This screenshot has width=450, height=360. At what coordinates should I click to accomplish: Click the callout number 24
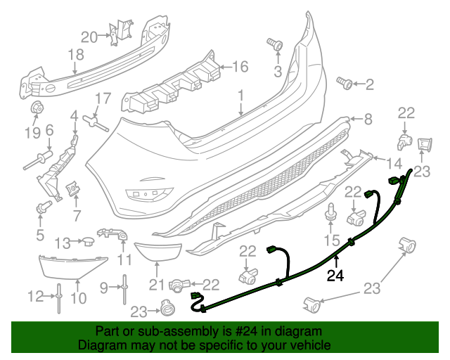click(x=336, y=276)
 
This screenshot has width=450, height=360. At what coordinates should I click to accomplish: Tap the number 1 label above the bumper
click(x=240, y=94)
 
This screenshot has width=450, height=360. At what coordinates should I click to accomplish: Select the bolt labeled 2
click(x=346, y=84)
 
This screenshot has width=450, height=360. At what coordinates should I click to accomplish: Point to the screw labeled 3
click(x=276, y=46)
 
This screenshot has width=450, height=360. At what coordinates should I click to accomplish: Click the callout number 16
click(x=240, y=67)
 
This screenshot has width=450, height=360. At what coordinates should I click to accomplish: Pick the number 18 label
click(x=75, y=54)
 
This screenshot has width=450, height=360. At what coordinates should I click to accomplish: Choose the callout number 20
click(x=89, y=37)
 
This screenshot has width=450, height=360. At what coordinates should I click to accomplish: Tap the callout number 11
click(x=124, y=259)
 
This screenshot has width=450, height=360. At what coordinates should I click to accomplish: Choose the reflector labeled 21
click(x=159, y=250)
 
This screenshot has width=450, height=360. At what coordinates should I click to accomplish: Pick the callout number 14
click(x=396, y=164)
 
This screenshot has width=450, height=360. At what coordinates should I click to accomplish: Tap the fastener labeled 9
click(x=124, y=286)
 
